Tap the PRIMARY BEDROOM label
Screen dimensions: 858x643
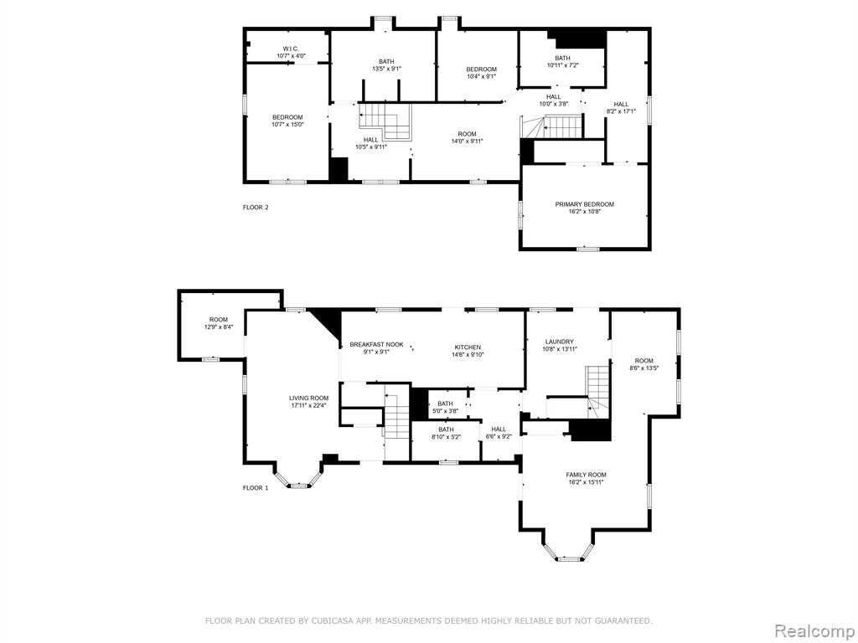click(584, 204)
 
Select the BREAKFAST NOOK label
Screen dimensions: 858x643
click(376, 344)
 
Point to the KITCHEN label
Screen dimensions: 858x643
click(468, 347)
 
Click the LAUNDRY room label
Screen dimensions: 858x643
click(559, 342)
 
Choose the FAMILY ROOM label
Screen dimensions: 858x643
click(586, 475)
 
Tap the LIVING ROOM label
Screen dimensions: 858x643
click(309, 398)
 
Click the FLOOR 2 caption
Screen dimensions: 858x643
click(256, 208)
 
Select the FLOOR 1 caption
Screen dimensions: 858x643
click(256, 488)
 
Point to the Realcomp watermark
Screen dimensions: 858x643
click(814, 631)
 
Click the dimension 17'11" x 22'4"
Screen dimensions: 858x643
click(309, 406)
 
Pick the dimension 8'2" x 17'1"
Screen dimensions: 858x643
click(621, 111)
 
